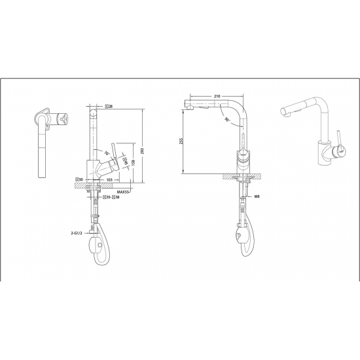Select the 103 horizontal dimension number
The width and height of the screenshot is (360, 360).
click(109, 178)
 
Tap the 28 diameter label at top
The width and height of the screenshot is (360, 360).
click(109, 106)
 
